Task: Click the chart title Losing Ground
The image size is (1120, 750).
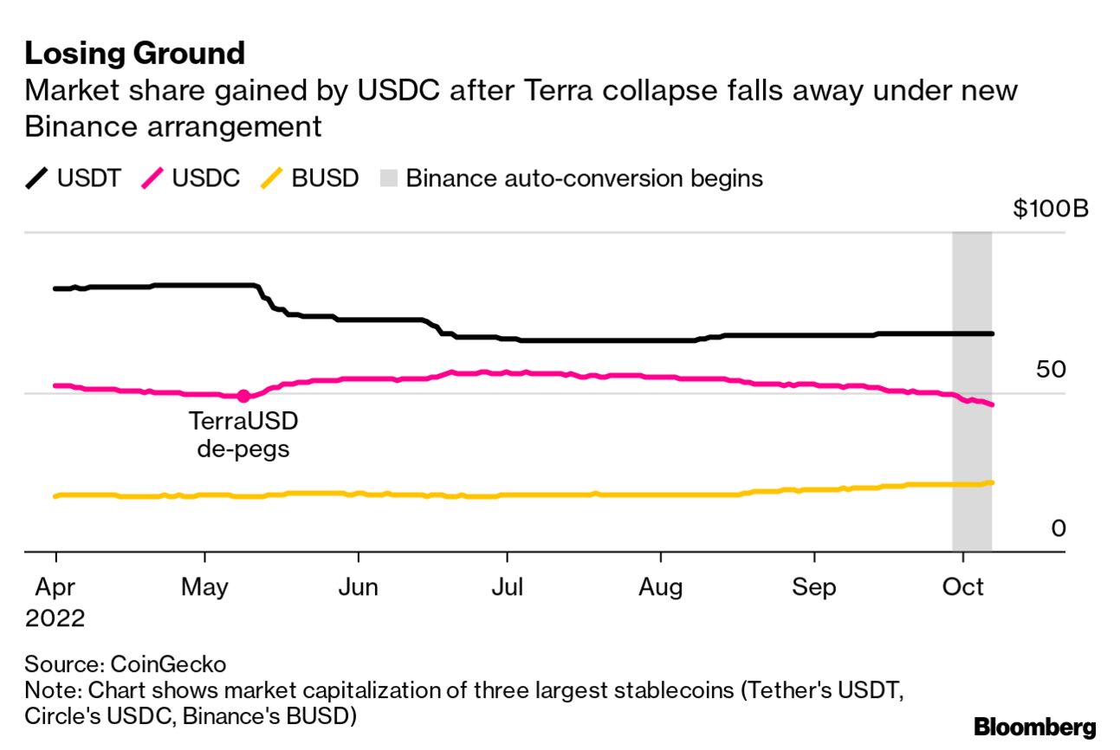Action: pyautogui.click(x=135, y=54)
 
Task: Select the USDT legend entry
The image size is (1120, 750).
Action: pyautogui.click(x=73, y=179)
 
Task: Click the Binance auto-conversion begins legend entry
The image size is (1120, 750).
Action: pyautogui.click(x=571, y=179)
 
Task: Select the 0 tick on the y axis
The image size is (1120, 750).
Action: pyautogui.click(x=1058, y=528)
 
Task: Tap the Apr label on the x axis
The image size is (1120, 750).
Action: pyautogui.click(x=55, y=587)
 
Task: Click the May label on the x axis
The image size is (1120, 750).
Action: pyautogui.click(x=205, y=587)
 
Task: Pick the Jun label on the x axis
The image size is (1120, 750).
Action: pyautogui.click(x=358, y=587)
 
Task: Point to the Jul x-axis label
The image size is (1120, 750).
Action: pyautogui.click(x=508, y=587)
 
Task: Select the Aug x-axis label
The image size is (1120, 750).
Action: pyautogui.click(x=661, y=587)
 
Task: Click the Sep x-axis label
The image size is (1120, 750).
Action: pyautogui.click(x=814, y=587)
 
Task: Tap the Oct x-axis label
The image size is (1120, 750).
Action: pyautogui.click(x=962, y=587)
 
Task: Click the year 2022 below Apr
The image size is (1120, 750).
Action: pyautogui.click(x=55, y=618)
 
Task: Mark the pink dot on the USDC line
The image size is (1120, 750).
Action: pyautogui.click(x=243, y=396)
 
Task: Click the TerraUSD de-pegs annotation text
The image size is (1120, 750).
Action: pyautogui.click(x=243, y=436)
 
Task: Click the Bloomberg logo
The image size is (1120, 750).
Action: pyautogui.click(x=1034, y=727)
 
